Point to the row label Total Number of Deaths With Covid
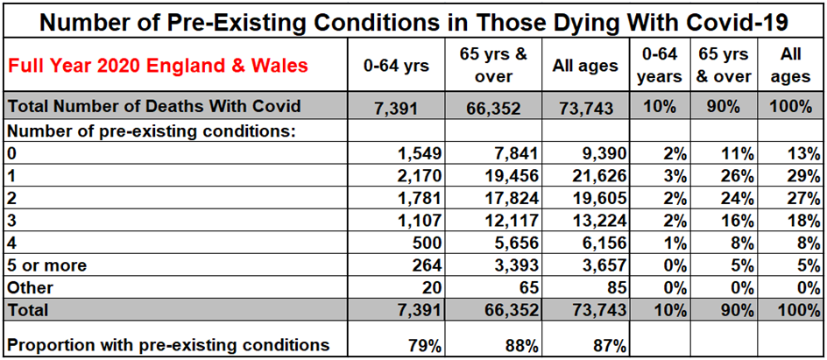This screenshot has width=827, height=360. pos(154,106)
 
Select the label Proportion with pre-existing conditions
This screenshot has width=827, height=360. pos(168,344)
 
